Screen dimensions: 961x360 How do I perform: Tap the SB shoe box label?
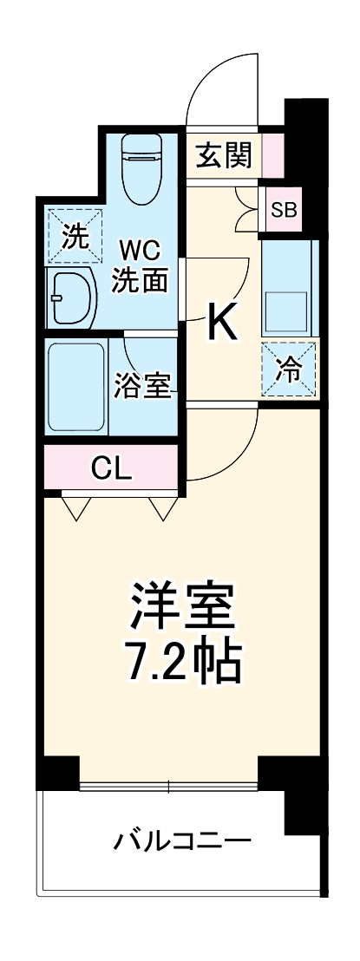283,209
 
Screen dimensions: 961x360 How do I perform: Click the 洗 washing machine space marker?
74,236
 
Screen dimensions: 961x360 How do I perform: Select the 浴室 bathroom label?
142,386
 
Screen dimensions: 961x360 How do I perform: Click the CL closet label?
111,469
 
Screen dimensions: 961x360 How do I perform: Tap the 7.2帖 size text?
184,662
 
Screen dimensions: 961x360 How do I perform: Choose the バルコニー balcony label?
184,840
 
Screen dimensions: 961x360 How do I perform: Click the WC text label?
139,252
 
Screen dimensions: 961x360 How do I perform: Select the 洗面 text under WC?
139,282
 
